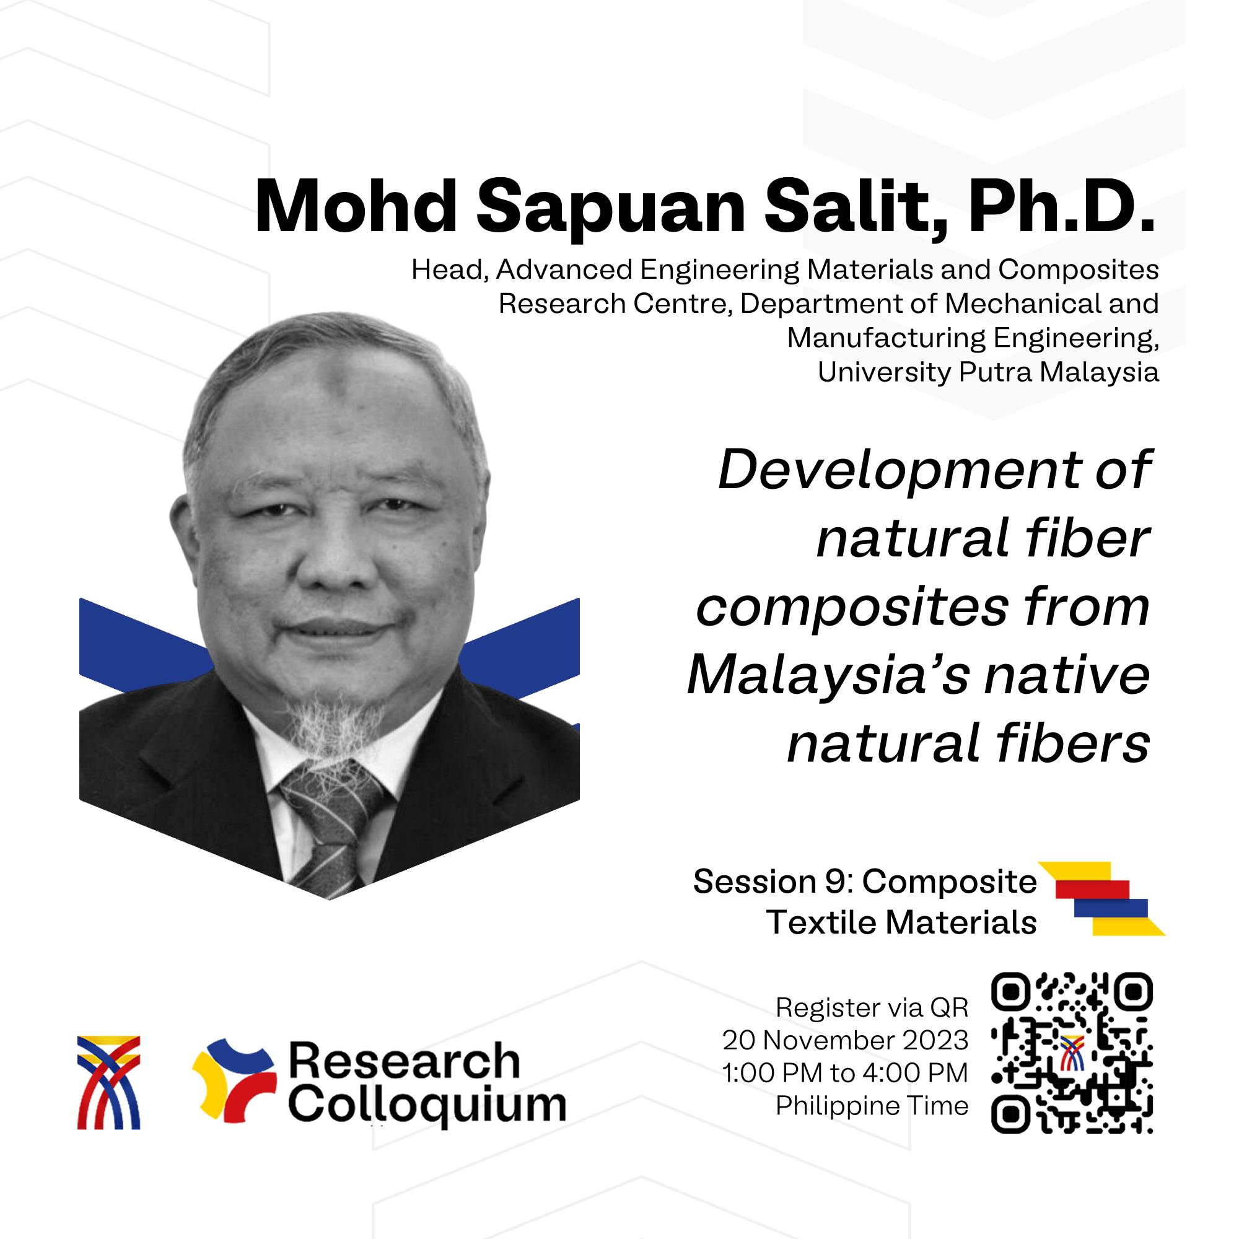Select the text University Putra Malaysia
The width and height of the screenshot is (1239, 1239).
coord(988,372)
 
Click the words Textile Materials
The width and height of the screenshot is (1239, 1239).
coord(901,923)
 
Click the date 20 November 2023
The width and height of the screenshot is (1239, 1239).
coord(845,1040)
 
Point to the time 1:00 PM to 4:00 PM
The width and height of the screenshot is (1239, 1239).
coord(845,1074)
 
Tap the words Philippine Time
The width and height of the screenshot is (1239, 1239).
coord(872,1106)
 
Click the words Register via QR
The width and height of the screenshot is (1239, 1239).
coord(872,1007)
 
